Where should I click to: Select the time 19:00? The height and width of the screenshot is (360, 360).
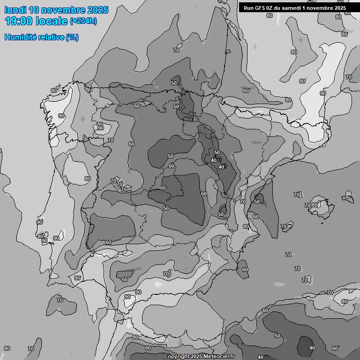click(18, 21)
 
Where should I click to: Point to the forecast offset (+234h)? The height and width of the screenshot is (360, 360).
click(83, 21)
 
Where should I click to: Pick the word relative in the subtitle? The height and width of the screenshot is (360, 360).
click(50, 37)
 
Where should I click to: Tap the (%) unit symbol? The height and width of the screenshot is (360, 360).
click(72, 37)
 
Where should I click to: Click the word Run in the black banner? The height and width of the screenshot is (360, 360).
click(249, 8)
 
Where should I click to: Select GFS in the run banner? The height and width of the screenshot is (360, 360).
click(260, 8)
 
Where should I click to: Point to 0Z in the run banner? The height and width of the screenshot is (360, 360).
click(271, 8)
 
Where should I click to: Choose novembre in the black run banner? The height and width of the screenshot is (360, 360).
click(320, 8)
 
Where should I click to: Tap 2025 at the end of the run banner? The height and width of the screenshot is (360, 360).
click(340, 8)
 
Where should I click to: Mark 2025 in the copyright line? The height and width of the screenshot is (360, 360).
click(196, 357)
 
